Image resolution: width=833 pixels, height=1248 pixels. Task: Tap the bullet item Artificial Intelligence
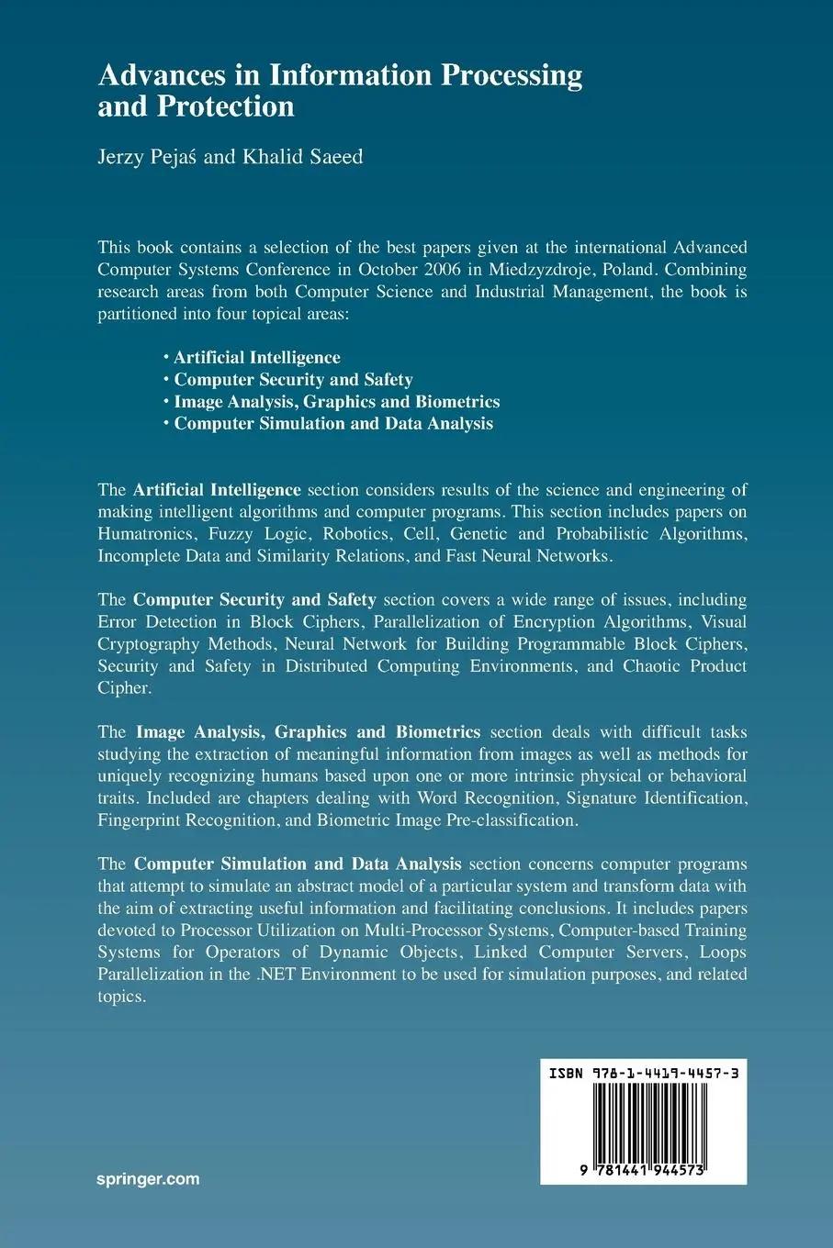[x=257, y=358]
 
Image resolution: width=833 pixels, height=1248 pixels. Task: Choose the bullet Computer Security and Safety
[x=293, y=380]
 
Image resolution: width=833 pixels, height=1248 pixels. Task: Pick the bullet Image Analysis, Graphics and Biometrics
[x=336, y=402]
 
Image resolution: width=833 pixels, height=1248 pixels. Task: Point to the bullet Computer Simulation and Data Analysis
[x=333, y=424]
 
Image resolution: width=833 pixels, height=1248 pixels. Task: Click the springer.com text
[x=148, y=1179]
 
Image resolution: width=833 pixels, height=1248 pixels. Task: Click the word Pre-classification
[x=512, y=820]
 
